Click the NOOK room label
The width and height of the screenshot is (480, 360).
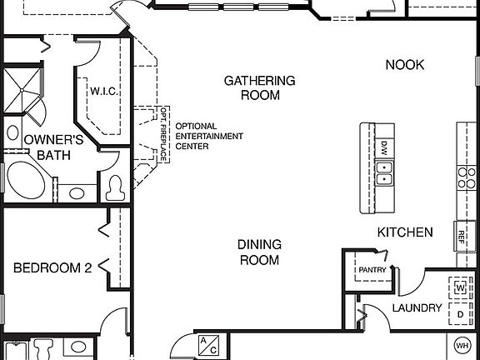click(x=406, y=64)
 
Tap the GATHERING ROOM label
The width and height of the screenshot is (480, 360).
click(x=259, y=87)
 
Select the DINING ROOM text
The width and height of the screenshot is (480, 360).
click(x=259, y=252)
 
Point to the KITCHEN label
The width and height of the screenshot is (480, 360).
click(x=405, y=232)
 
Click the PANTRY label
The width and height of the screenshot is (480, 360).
click(x=371, y=270)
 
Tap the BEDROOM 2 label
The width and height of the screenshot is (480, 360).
click(x=52, y=267)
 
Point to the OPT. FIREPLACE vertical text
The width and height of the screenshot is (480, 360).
click(x=164, y=134)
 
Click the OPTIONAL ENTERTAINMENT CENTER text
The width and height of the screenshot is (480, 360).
click(x=208, y=136)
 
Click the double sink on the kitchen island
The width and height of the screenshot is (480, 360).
click(x=384, y=172)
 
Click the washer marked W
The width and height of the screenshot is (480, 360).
click(x=459, y=287)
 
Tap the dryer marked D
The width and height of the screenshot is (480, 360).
click(x=459, y=313)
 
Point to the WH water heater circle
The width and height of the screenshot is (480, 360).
click(x=462, y=345)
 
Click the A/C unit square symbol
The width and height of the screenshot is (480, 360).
click(x=207, y=346)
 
